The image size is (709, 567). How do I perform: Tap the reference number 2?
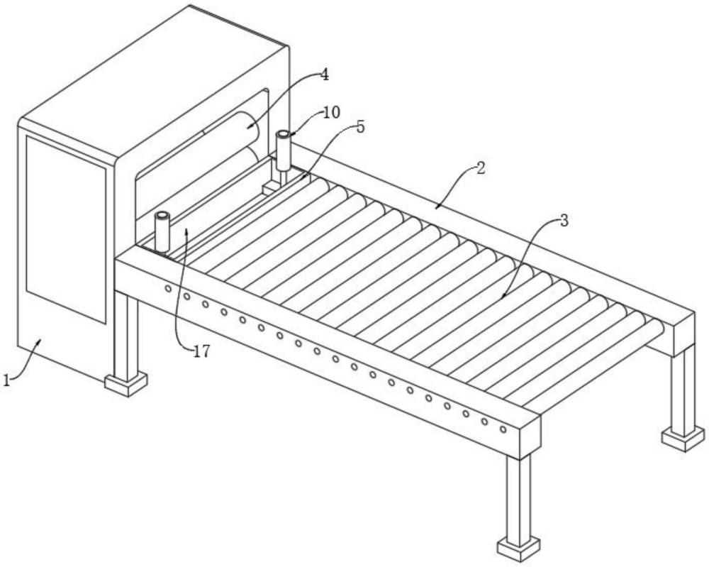(481, 168)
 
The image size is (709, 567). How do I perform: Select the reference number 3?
(564, 221)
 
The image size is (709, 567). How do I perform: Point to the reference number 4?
(324, 75)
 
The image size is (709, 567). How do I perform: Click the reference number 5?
(360, 127)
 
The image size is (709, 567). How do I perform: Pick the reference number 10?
(331, 112)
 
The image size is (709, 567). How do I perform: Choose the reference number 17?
(201, 351)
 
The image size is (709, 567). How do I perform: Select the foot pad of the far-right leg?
(683, 439)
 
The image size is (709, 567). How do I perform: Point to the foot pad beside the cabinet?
(126, 384)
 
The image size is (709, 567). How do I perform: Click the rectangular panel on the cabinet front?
(66, 229)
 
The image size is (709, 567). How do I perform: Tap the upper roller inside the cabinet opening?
(230, 123)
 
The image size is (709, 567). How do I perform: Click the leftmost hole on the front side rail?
(168, 288)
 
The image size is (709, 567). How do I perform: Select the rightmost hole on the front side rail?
(503, 429)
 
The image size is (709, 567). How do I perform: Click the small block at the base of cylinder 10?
(270, 187)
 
